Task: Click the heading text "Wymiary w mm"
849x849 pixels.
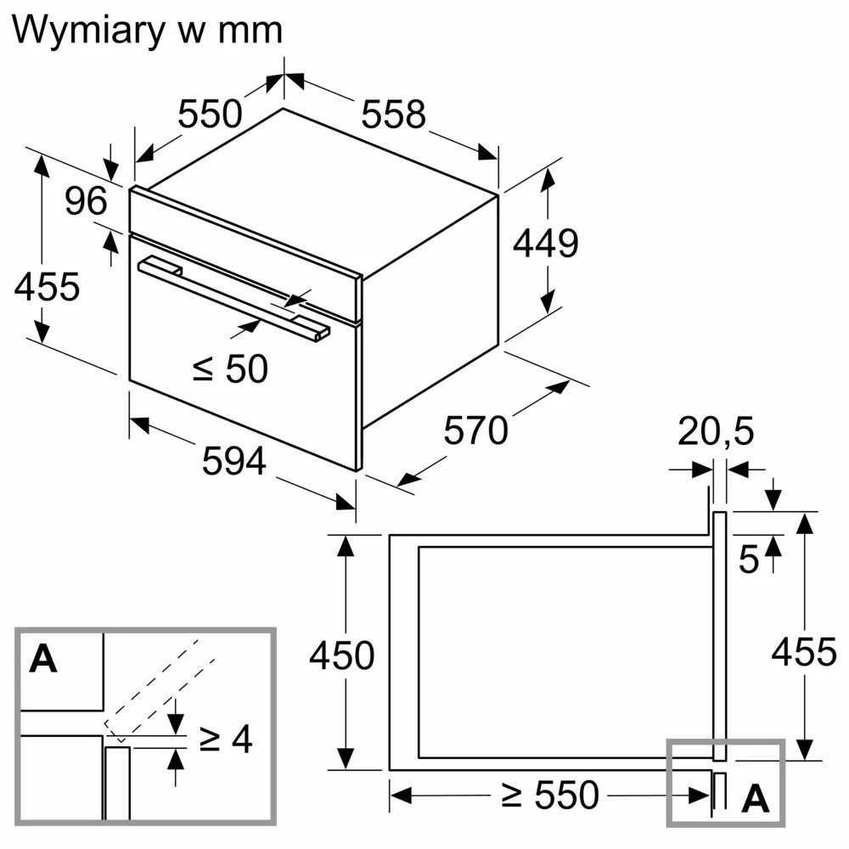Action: tap(147, 30)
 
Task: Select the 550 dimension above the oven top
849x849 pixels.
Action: tap(210, 114)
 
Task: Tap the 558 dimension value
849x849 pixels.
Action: tap(393, 114)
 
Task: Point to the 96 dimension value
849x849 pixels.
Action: tap(87, 201)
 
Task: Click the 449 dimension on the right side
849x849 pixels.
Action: tap(545, 244)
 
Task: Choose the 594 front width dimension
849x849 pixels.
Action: tap(234, 461)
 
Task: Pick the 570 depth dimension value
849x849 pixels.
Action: tap(475, 431)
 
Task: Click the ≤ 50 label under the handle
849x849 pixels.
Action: tap(230, 368)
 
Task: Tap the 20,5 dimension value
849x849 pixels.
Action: tap(716, 432)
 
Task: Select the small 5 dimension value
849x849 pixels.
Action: tap(748, 559)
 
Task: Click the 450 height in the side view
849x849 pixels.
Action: tap(341, 655)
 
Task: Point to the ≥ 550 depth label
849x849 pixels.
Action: tap(548, 796)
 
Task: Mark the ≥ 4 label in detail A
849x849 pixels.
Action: tap(226, 739)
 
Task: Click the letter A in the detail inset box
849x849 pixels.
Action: tap(43, 659)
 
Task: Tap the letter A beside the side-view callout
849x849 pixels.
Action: tap(755, 799)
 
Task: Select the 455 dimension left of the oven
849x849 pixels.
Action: tap(47, 287)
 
